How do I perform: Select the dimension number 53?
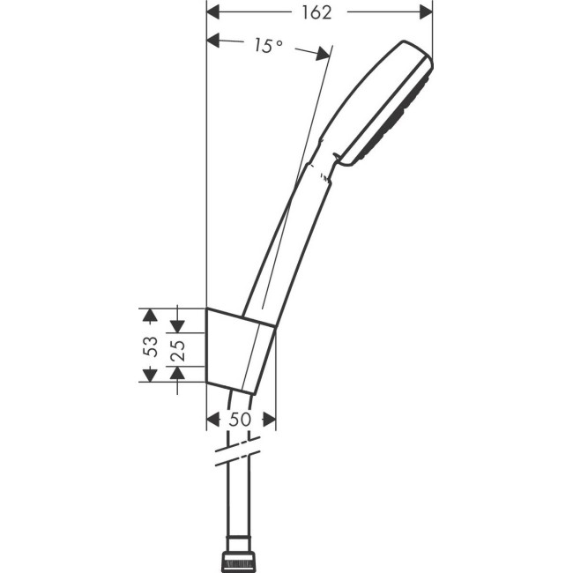(x=150, y=346)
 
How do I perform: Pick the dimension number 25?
(x=177, y=350)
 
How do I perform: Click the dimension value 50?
(x=240, y=420)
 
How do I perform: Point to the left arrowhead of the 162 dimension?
(x=213, y=11)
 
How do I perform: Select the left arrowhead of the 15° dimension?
(x=213, y=40)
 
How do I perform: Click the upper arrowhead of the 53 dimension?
(x=150, y=315)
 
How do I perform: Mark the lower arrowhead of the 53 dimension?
(x=150, y=376)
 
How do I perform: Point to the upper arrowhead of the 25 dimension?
(x=177, y=325)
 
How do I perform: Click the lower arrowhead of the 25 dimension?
(x=177, y=374)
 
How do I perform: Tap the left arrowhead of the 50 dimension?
(x=213, y=420)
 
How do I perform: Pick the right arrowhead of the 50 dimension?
(x=269, y=420)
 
